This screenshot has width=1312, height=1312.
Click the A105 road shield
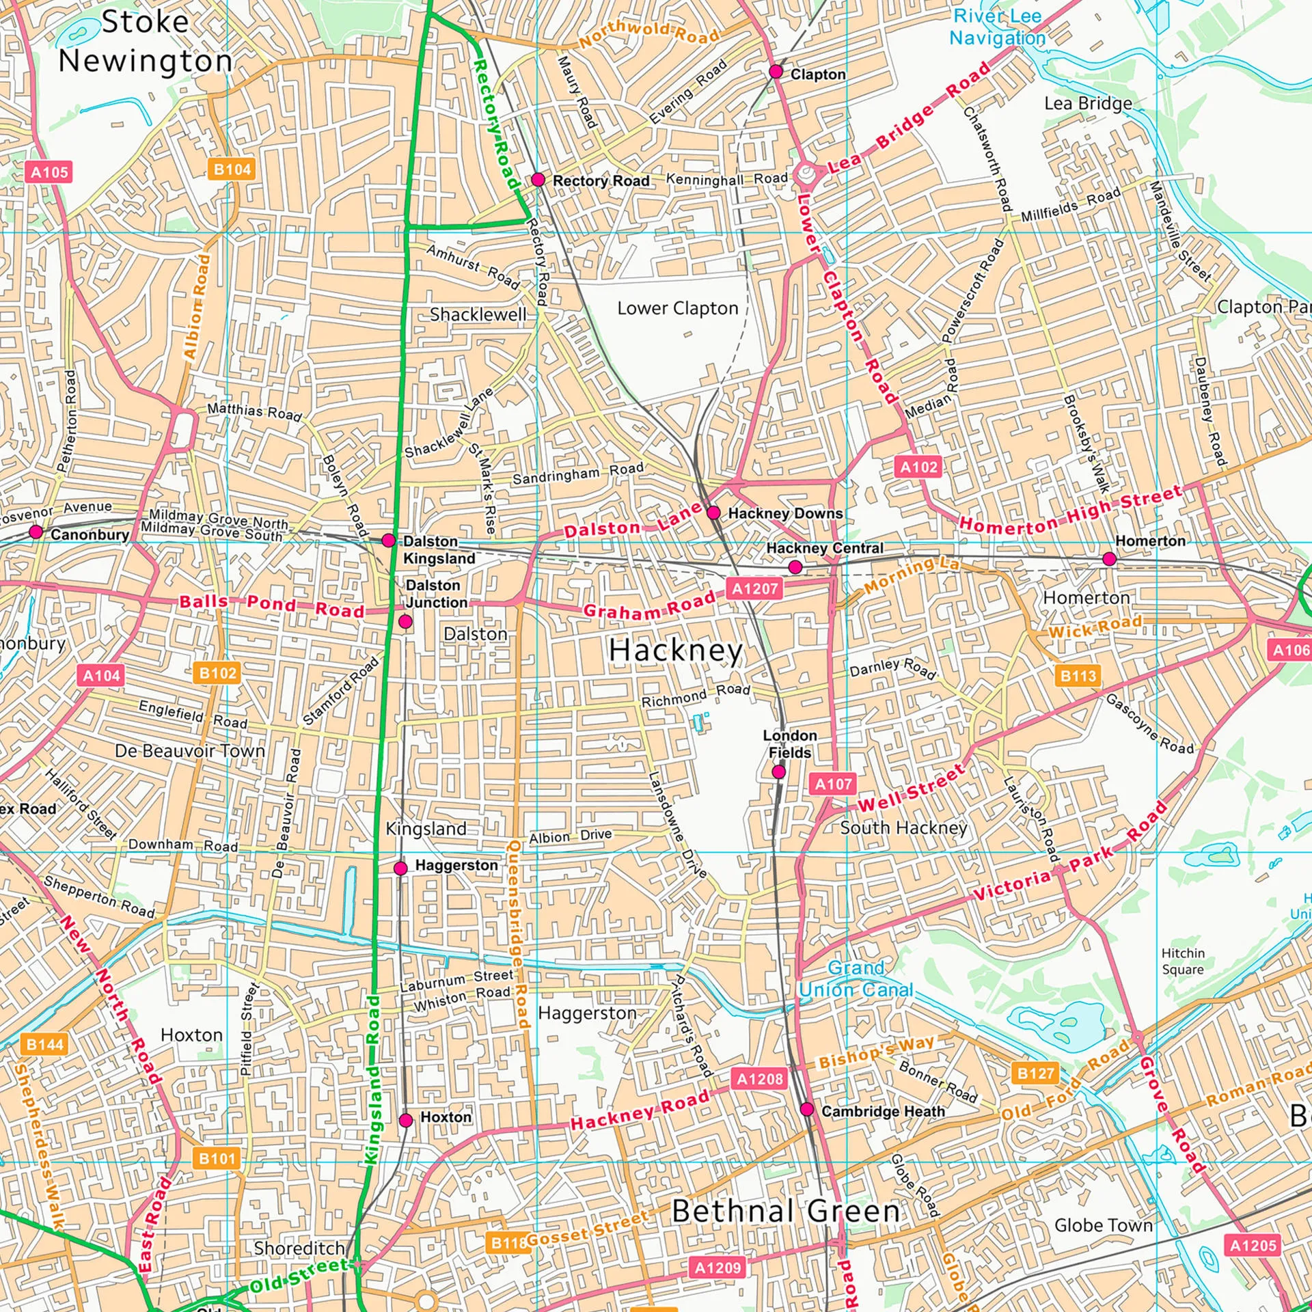click(x=50, y=172)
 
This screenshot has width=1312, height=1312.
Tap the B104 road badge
click(x=232, y=169)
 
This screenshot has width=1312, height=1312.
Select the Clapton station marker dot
click(x=776, y=72)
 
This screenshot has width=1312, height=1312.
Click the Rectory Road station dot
click(x=538, y=180)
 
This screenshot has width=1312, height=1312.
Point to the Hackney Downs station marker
click(x=713, y=512)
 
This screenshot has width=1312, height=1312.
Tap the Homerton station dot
click(x=1110, y=559)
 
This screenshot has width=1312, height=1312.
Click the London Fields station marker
click(x=778, y=772)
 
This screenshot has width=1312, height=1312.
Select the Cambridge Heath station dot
click(x=807, y=1109)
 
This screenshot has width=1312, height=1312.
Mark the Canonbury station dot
click(x=36, y=532)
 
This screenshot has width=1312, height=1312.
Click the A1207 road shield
click(x=754, y=588)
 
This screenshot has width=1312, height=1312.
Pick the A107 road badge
click(x=834, y=784)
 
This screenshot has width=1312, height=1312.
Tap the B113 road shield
click(x=1078, y=676)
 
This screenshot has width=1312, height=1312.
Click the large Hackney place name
click(x=675, y=650)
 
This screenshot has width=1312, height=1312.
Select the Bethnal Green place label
click(x=786, y=1211)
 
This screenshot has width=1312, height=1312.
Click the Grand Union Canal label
click(x=856, y=979)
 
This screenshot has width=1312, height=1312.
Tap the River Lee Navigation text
click(x=997, y=27)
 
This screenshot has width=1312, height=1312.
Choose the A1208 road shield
click(x=760, y=1079)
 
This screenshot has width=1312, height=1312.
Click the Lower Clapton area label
click(x=678, y=308)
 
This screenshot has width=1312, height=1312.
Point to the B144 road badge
click(x=45, y=1044)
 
